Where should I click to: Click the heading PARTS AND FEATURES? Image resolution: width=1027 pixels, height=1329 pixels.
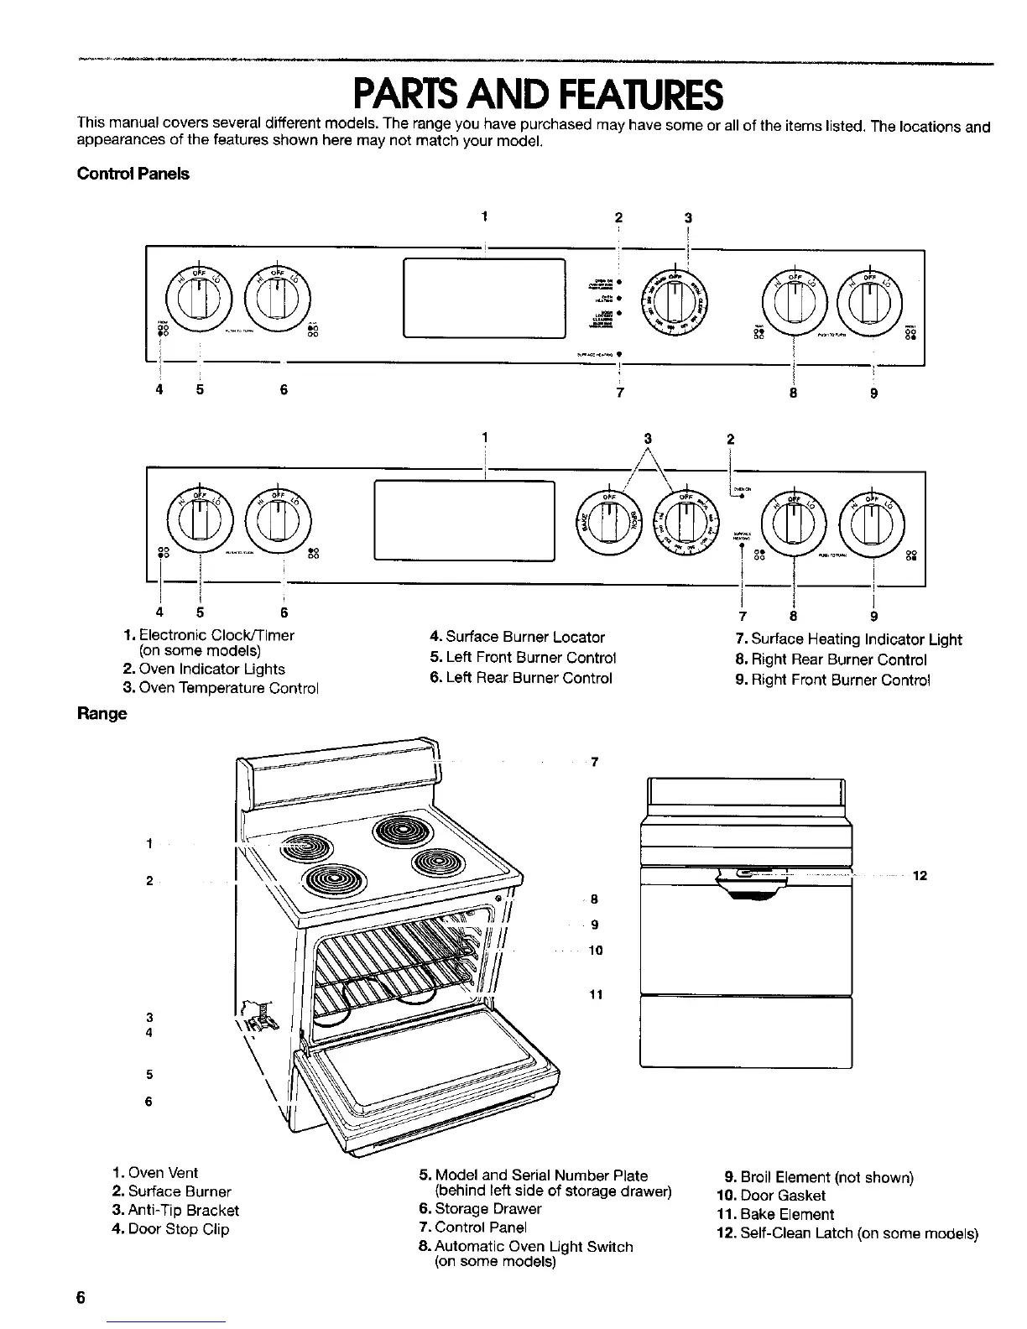tap(538, 96)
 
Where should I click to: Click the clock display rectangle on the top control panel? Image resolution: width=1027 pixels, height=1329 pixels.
tap(484, 298)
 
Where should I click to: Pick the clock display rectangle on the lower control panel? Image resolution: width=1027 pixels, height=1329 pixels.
tap(465, 519)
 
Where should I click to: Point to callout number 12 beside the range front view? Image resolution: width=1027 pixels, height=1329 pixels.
tap(919, 876)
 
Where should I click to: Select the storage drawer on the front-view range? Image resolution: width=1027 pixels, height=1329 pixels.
tap(745, 1031)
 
